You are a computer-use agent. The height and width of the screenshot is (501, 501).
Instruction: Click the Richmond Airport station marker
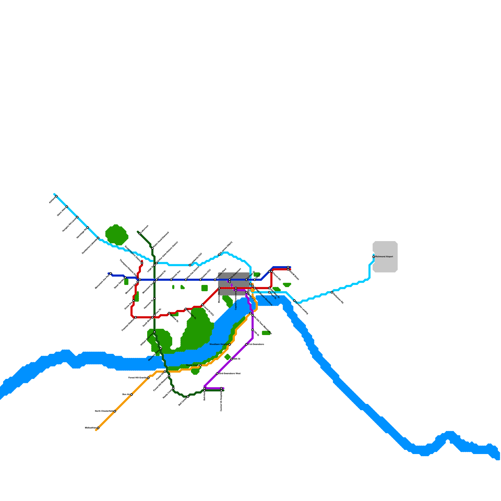point(374,257)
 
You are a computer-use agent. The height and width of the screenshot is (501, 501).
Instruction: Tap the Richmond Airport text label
point(384,257)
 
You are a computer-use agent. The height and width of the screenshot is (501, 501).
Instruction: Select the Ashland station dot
point(56,196)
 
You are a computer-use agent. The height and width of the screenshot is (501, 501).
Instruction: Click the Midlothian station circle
point(98,428)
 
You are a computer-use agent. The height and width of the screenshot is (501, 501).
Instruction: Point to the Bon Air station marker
point(132,395)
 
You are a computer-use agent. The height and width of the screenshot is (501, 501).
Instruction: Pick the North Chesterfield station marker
point(115,411)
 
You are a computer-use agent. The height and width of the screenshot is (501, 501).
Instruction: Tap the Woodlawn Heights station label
point(219,344)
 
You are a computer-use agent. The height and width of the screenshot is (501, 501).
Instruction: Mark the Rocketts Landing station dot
point(294,301)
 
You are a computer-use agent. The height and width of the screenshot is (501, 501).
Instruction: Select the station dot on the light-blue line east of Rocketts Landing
point(332,292)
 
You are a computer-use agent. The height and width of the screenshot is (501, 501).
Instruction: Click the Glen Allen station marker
point(67,207)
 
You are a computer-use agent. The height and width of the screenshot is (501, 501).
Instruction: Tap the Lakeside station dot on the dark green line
point(140,234)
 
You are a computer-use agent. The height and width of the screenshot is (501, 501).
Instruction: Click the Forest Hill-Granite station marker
point(148,378)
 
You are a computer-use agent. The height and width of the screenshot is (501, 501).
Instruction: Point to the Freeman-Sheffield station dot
point(136,318)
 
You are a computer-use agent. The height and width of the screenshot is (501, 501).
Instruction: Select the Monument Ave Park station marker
point(111,274)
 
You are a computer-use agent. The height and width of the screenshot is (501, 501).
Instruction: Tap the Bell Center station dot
point(188,397)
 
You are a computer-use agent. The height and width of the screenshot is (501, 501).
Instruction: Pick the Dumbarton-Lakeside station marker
point(98,238)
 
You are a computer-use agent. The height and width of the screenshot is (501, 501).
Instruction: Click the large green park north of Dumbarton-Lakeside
point(116,235)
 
